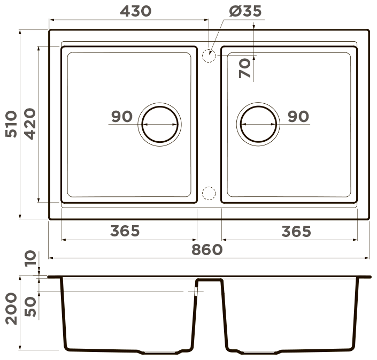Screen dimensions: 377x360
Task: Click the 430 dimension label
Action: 136,11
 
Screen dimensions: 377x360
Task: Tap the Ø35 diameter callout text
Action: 245,11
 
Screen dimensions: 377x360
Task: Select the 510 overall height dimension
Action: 11,124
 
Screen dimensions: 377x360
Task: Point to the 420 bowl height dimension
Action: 30,124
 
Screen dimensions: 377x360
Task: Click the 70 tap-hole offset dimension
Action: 244,68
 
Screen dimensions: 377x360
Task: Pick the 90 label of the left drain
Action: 122,117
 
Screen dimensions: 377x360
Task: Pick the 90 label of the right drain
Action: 298,117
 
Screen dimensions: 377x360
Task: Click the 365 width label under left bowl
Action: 125,231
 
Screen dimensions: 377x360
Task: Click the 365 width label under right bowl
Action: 296,231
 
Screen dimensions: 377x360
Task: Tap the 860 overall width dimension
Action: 207,249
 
